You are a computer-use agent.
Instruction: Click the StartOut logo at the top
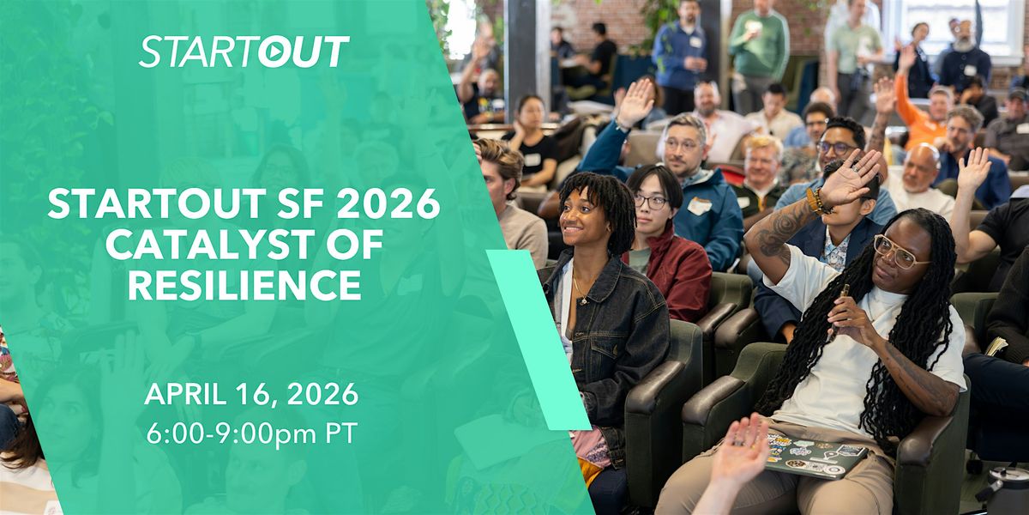(x=244, y=51)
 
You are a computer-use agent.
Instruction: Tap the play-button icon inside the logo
(x=274, y=52)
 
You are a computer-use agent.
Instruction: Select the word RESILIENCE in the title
(x=244, y=285)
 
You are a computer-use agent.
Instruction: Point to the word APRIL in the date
(x=187, y=395)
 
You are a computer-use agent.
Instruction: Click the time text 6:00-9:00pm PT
(x=252, y=433)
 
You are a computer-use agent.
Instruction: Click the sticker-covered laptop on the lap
(x=816, y=456)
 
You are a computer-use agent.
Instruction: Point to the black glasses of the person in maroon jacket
(x=651, y=201)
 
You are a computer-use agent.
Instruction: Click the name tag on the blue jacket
(x=699, y=205)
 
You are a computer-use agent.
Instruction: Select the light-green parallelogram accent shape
(x=538, y=340)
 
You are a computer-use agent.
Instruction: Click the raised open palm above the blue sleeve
(x=635, y=103)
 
